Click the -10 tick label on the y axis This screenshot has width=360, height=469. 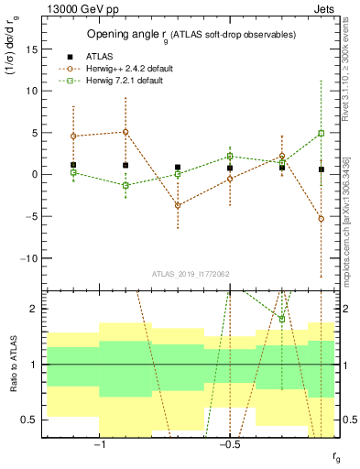click(x=29, y=258)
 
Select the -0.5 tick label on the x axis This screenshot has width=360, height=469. click(x=229, y=443)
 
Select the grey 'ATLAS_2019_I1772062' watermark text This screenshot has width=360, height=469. click(x=191, y=273)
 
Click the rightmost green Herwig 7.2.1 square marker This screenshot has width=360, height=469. click(x=322, y=133)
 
